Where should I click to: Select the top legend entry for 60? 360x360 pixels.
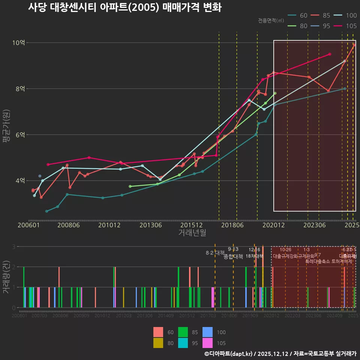click(298, 15)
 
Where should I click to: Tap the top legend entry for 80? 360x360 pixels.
click(298, 26)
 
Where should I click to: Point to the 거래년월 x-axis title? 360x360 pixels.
click(192, 233)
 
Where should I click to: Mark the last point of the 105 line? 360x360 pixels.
click(330, 54)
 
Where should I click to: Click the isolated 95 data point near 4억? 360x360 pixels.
click(40, 176)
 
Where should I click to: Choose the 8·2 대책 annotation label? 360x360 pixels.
click(215, 253)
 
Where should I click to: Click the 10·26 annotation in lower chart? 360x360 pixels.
click(285, 250)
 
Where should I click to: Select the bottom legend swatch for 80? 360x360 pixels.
click(159, 343)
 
